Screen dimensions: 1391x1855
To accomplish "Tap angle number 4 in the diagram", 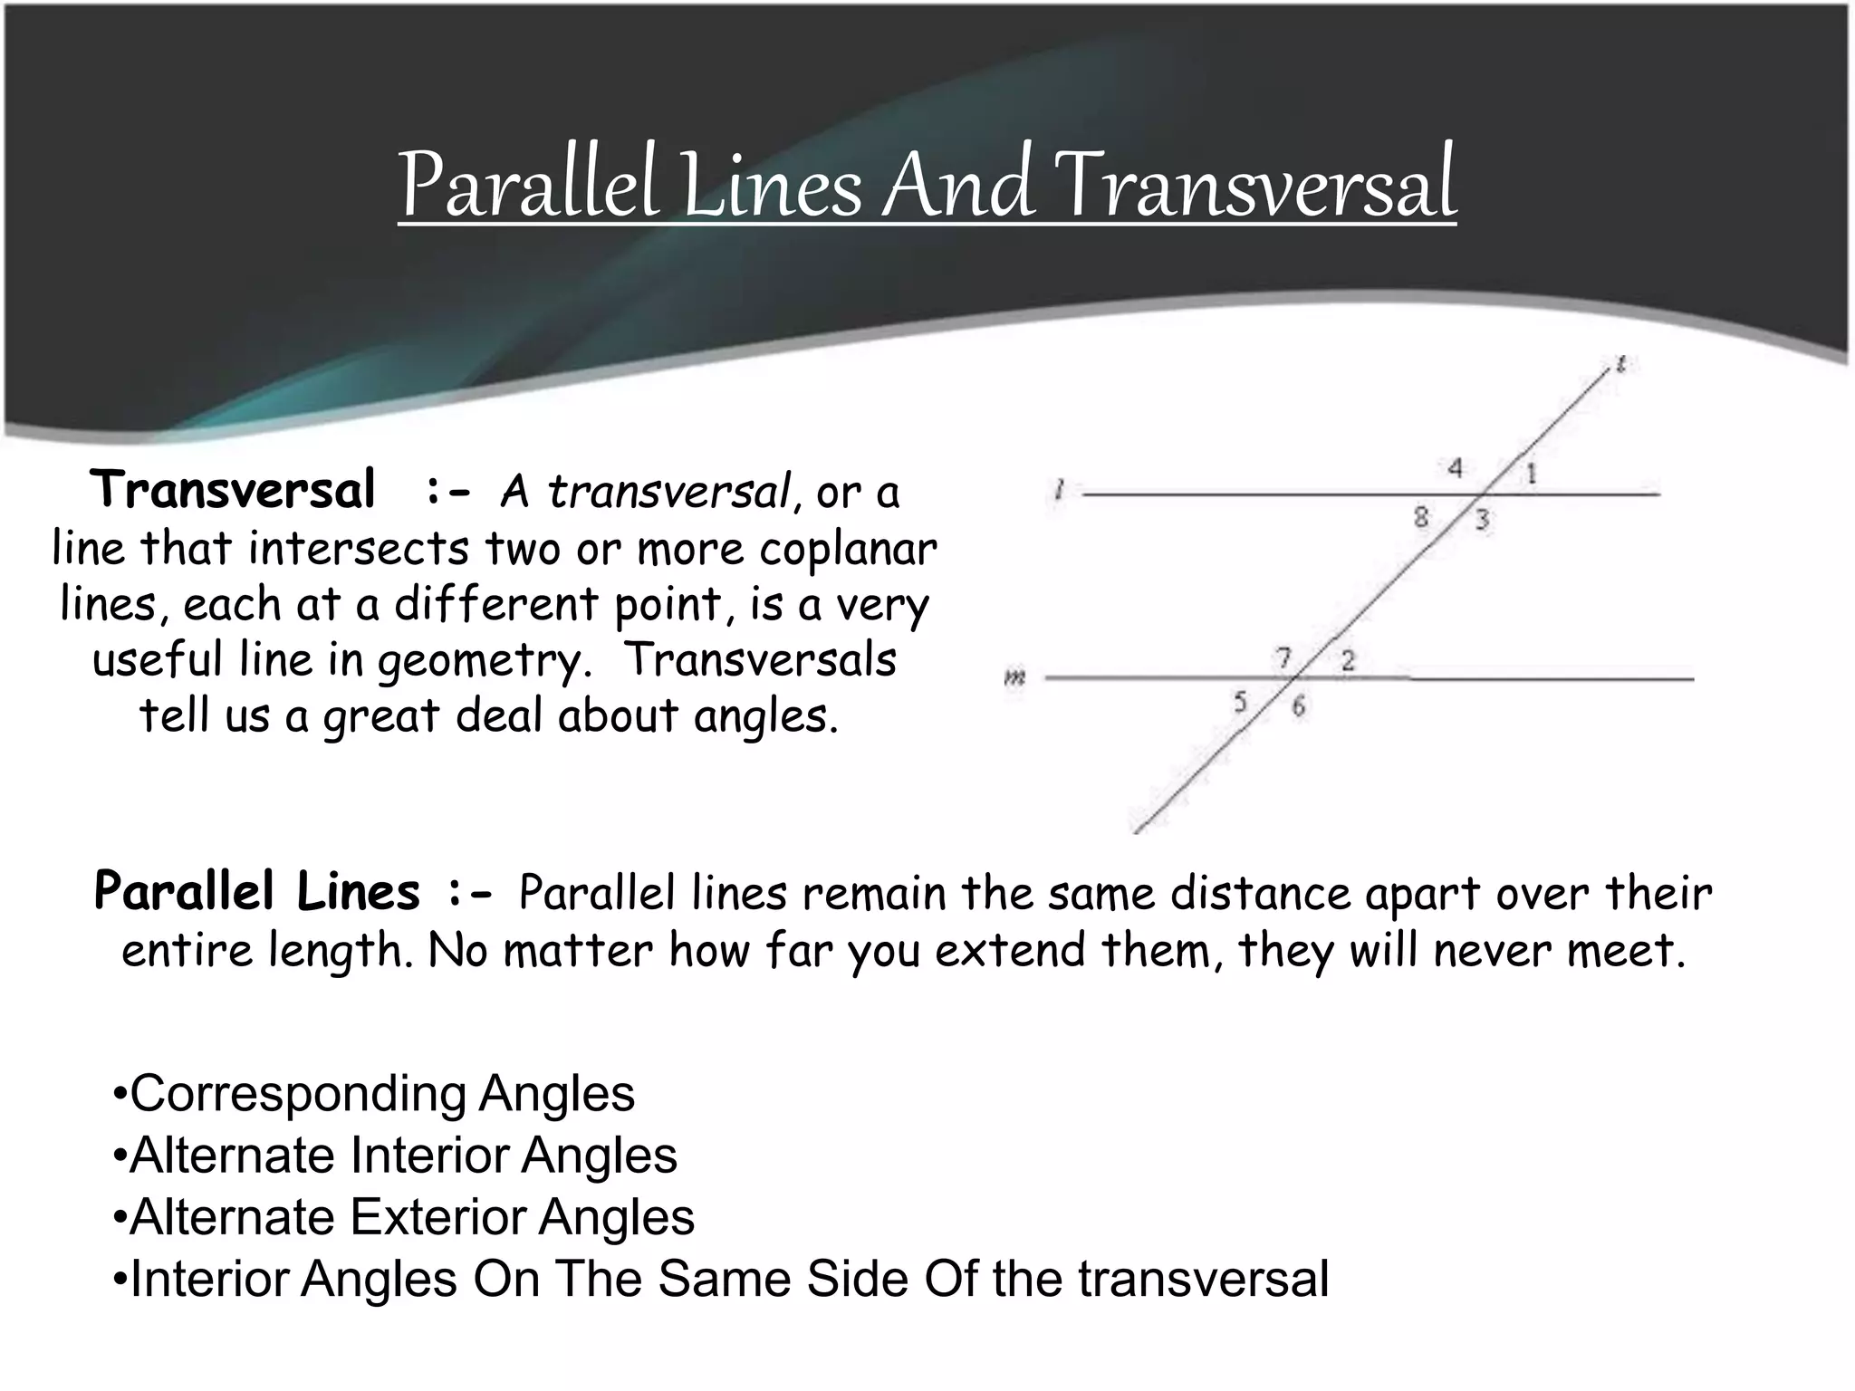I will click(1455, 468).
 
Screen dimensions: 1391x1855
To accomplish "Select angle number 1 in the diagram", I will click(1531, 473).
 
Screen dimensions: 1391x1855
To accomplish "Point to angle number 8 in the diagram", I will click(1421, 517).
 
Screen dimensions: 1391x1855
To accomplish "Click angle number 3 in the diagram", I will click(1482, 521).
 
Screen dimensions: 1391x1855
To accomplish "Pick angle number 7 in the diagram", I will click(1283, 657).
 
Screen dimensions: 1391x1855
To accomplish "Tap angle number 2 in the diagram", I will click(1348, 660).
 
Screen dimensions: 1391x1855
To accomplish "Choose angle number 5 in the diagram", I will click(1240, 701).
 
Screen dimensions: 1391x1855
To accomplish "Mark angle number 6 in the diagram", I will click(1299, 705).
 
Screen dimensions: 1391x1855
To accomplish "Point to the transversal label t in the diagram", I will click(1620, 364).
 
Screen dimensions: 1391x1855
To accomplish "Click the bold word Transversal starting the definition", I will click(233, 490).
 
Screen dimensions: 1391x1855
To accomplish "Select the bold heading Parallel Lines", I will click(257, 891).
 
